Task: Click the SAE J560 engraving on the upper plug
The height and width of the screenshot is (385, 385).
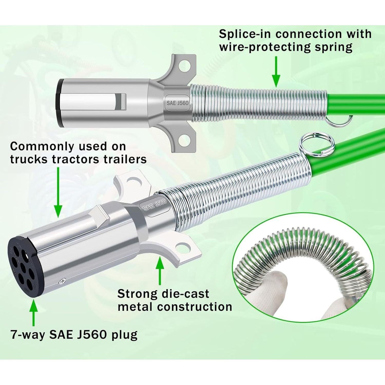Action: pyautogui.click(x=177, y=103)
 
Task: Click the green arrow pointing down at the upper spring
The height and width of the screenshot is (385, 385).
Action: pyautogui.click(x=276, y=72)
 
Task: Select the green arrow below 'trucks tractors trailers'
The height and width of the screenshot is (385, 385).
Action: pyautogui.click(x=58, y=192)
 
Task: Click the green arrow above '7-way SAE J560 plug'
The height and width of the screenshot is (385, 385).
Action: pyautogui.click(x=33, y=313)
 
